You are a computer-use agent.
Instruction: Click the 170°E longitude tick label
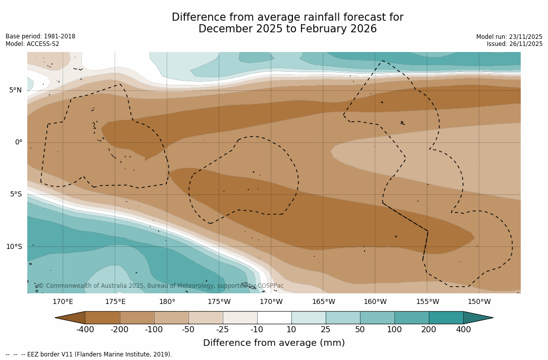point(63,302)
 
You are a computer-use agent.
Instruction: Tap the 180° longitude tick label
point(167,302)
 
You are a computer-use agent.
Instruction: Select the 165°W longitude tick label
point(323,302)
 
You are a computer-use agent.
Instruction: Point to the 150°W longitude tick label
point(479,302)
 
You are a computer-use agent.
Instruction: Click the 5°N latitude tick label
point(15,90)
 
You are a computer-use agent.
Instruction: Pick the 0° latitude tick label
point(18,142)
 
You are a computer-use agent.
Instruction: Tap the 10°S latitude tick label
point(14,247)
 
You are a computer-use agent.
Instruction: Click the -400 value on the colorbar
point(85,330)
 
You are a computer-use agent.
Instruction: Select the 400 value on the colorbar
point(463,330)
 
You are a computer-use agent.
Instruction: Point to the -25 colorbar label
point(222,330)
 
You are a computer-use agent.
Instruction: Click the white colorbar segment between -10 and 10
point(274,318)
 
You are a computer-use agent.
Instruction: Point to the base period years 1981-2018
point(60,36)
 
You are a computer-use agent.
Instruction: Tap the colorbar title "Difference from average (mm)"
point(274,343)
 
